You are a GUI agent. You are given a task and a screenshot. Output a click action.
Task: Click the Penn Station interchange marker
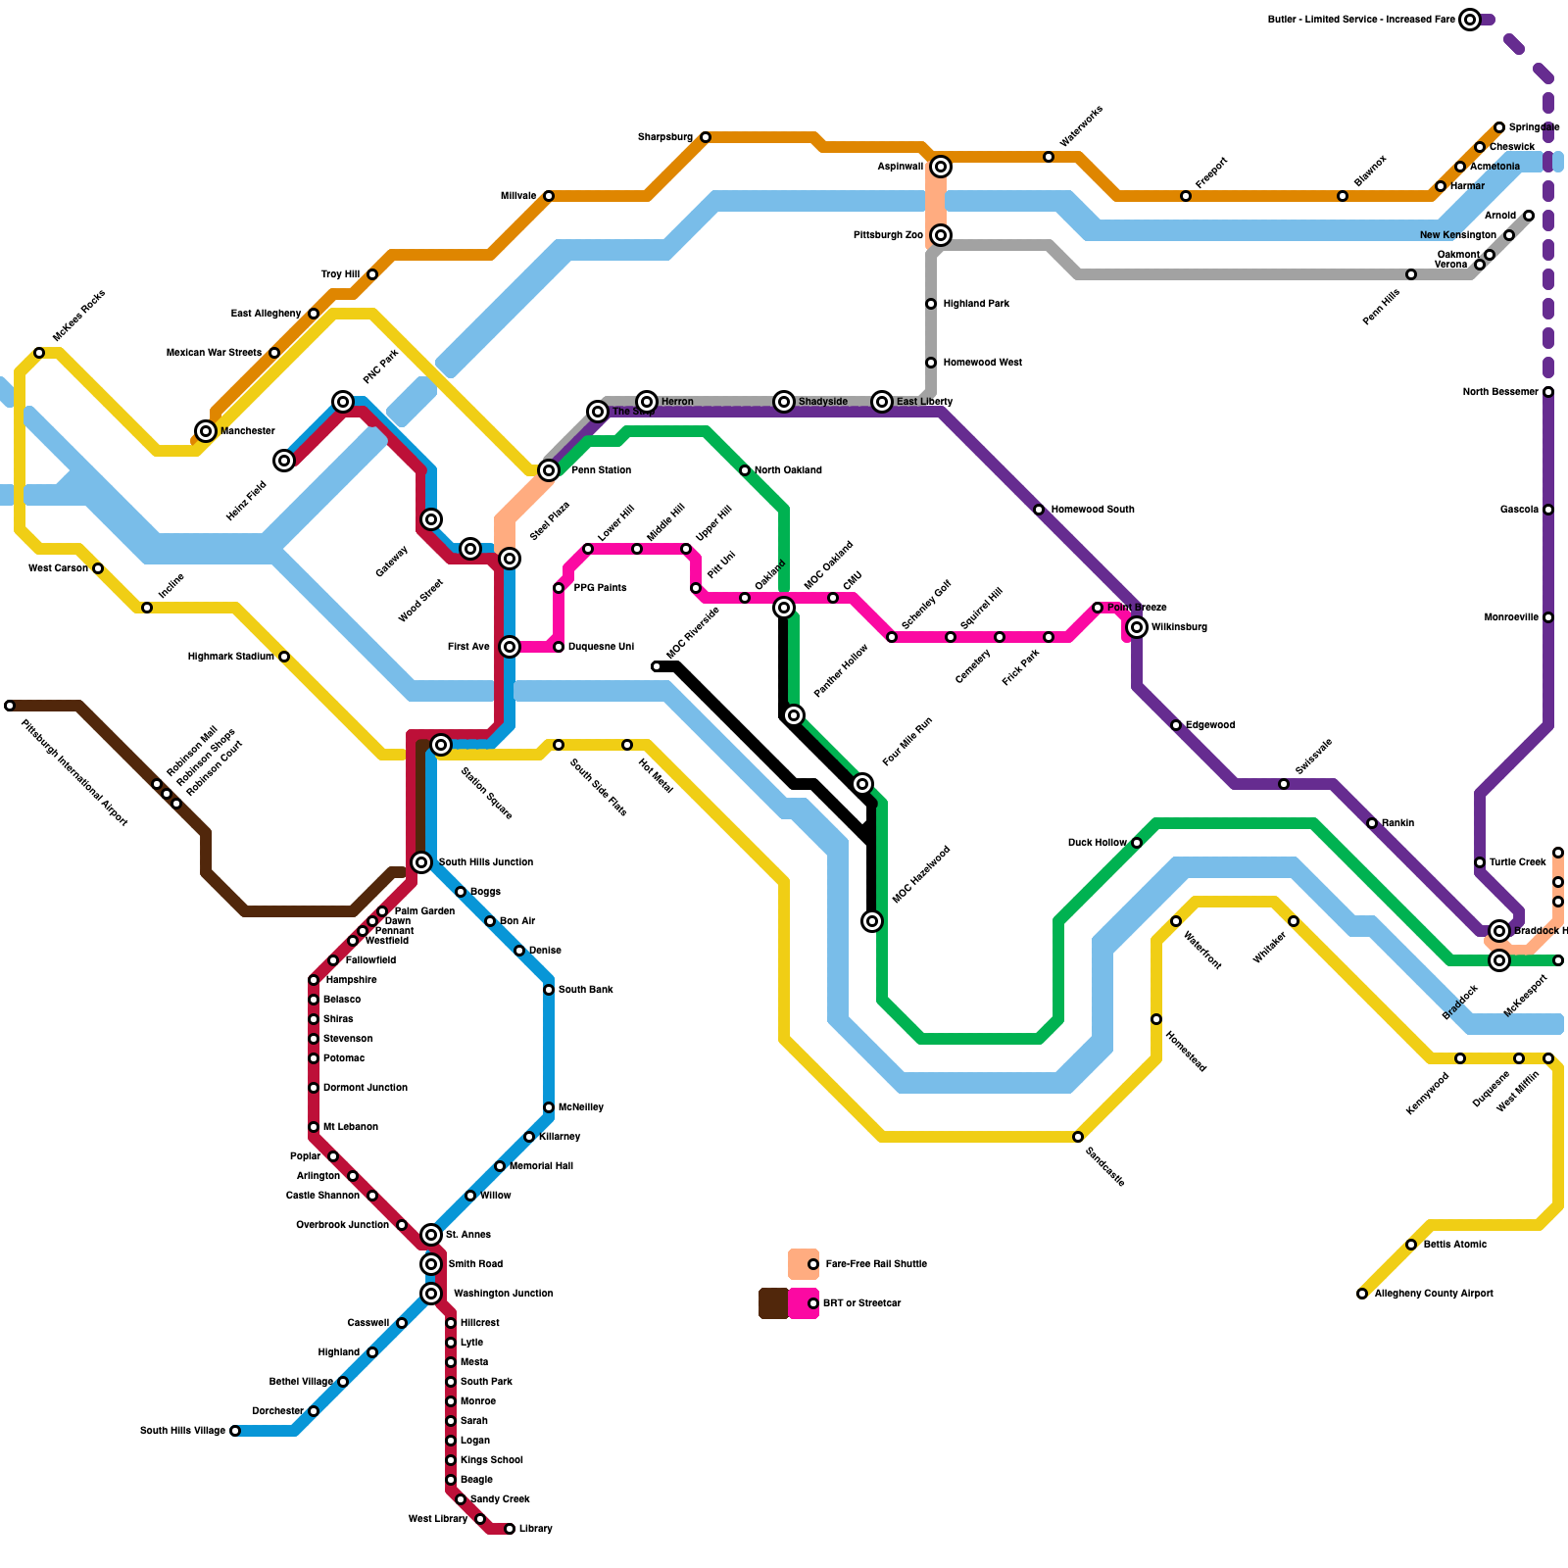click(549, 470)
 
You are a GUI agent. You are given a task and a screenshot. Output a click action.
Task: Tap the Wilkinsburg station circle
click(1137, 627)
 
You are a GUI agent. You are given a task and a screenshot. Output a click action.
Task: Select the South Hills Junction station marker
click(421, 862)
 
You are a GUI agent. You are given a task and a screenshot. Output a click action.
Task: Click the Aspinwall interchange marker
click(941, 167)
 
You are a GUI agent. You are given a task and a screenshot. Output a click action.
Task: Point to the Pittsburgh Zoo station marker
click(941, 235)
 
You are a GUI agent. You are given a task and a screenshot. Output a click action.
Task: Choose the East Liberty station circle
click(882, 402)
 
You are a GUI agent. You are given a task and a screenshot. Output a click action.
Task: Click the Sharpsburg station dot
click(706, 137)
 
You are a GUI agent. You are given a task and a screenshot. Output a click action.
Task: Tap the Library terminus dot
click(510, 1529)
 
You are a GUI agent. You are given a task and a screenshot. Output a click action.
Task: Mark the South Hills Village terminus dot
click(235, 1431)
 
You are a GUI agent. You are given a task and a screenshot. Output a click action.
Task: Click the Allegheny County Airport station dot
click(1362, 1294)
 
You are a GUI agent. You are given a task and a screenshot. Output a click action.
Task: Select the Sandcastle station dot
click(1078, 1137)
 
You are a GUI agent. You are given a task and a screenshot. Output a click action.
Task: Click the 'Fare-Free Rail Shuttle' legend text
click(876, 1264)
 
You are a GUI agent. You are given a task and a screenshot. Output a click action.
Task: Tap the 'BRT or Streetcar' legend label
click(861, 1303)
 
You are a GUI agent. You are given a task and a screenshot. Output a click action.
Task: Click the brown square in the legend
click(773, 1303)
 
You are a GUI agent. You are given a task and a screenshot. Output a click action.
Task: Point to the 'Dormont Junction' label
click(365, 1088)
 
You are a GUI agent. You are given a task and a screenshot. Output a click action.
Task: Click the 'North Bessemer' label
click(1500, 392)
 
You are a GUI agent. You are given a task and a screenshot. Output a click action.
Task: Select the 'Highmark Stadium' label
click(230, 657)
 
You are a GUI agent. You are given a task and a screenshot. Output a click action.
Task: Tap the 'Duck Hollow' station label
click(1097, 843)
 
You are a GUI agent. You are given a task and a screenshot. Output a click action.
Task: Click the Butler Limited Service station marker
click(1470, 20)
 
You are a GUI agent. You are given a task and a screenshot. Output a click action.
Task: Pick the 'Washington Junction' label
click(503, 1294)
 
